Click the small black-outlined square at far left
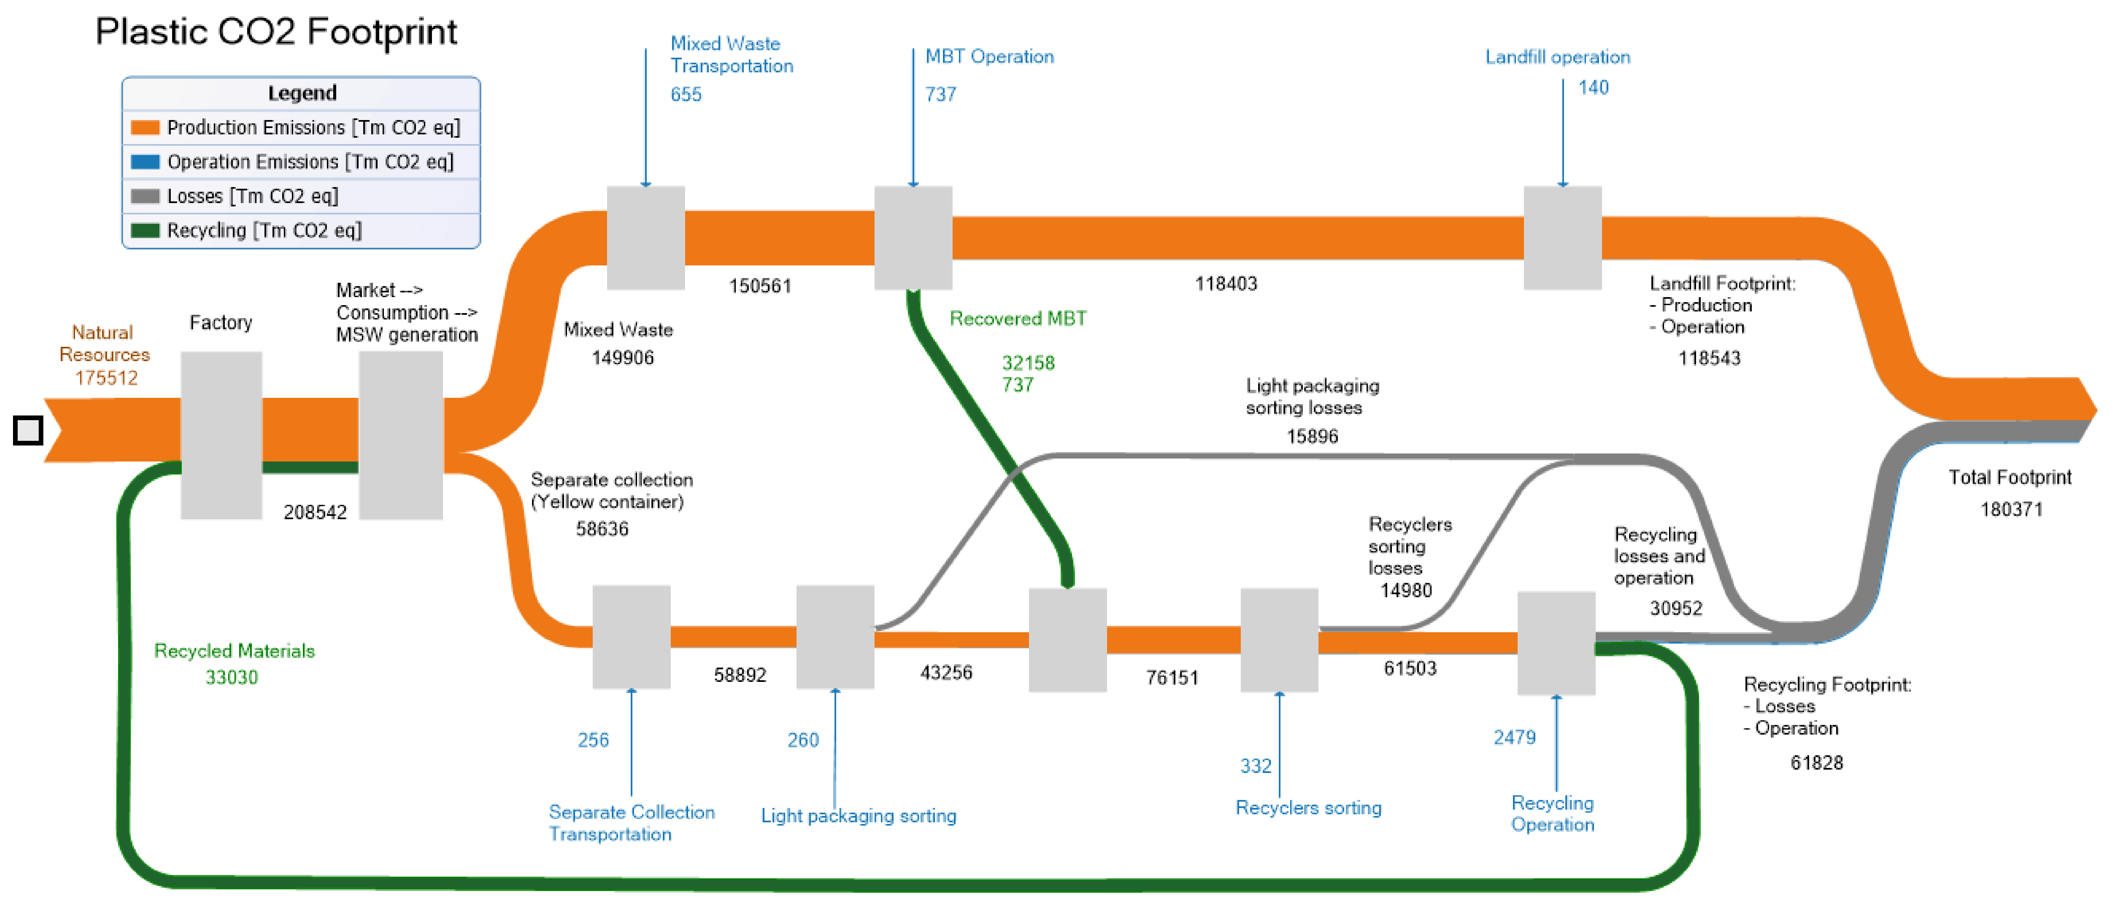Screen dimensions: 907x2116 (x=28, y=430)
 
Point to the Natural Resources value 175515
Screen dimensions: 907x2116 (x=106, y=378)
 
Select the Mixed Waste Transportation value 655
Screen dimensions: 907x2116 (x=686, y=94)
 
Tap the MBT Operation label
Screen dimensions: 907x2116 (x=989, y=57)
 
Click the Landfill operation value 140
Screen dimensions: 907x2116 (x=1593, y=88)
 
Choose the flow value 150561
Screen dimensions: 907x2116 (x=760, y=286)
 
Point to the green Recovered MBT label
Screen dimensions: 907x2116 (x=1018, y=319)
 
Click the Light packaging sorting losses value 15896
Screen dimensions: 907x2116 (x=1312, y=436)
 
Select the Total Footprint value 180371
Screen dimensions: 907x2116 (x=2011, y=510)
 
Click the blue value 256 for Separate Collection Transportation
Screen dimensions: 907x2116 (x=593, y=740)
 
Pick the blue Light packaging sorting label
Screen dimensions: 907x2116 (x=859, y=816)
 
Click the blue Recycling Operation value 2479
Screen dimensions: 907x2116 (x=1514, y=737)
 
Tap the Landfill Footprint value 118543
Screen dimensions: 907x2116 (x=1708, y=358)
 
